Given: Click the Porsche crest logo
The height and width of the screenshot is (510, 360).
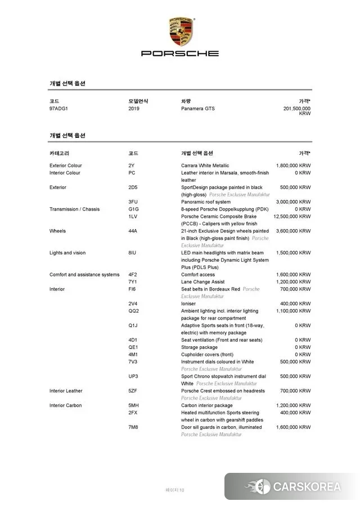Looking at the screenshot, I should coord(180,32).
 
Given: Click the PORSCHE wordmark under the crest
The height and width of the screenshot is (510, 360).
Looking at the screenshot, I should coord(180,53).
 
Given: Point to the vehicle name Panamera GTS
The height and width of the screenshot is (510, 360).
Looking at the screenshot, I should coord(197,109).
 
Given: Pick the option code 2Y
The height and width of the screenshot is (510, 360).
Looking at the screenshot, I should coord(132,165).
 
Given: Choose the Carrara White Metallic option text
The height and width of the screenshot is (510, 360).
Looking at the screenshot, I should coord(205,165).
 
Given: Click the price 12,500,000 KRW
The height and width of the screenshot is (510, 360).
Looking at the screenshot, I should coord(292,216).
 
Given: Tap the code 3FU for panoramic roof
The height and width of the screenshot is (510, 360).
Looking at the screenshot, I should coord(133,202).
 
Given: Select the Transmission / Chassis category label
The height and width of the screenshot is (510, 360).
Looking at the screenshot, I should coord(74,209).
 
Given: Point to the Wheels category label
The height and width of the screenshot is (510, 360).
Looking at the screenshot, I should coord(57,231).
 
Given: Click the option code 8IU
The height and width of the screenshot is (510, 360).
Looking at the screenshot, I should coord(132,253).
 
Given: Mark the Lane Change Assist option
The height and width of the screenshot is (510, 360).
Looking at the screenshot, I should coord(202,281).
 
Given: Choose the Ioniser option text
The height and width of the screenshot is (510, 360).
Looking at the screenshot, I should coord(188,303).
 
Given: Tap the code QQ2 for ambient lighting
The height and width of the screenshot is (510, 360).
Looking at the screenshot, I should coord(133,311).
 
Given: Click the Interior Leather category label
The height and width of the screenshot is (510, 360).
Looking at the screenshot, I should coord(66,391).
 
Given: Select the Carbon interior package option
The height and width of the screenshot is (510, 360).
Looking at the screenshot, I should coord(206,405).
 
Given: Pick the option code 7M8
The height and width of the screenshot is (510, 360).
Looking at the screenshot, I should coord(133,427).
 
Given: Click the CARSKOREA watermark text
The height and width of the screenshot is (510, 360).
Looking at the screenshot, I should coord(307,487).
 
